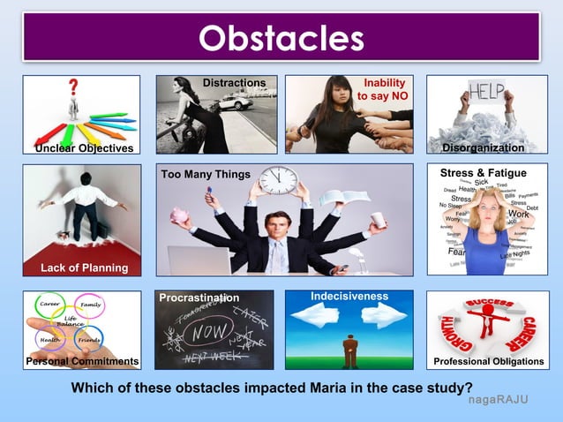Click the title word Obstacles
coord(281,38)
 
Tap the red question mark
coord(73,87)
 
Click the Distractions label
coord(234,83)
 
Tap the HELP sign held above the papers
coord(485,91)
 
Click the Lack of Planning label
coord(84,268)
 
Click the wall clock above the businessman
coord(279,180)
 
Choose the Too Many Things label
coord(206,174)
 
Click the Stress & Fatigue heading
coord(483,173)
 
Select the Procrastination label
coord(199,298)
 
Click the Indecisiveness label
coord(349,295)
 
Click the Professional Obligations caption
coord(488,362)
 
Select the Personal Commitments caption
coord(82,362)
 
